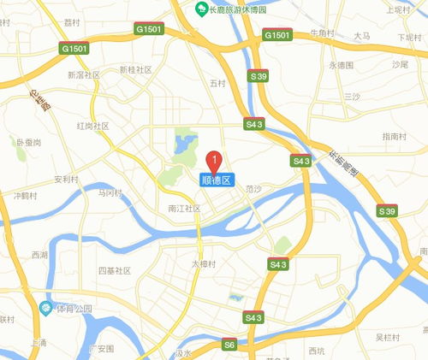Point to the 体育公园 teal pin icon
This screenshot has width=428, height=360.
[x=45, y=308]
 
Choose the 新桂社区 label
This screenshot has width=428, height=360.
[x=135, y=69]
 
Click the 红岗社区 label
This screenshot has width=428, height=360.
[x=92, y=126]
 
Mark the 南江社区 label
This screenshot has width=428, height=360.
[x=183, y=208]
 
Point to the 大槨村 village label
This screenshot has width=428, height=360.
[x=205, y=263]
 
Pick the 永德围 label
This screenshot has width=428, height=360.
[x=340, y=65]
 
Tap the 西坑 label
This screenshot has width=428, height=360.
[x=317, y=351]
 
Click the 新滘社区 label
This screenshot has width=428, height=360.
[x=83, y=75]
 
